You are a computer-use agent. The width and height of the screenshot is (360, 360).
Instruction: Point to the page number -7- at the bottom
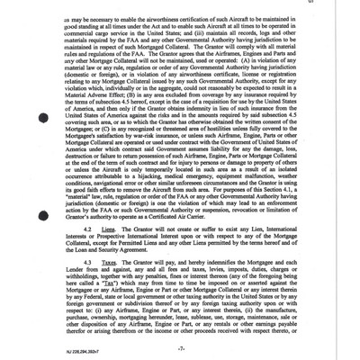click(x=180, y=346)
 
